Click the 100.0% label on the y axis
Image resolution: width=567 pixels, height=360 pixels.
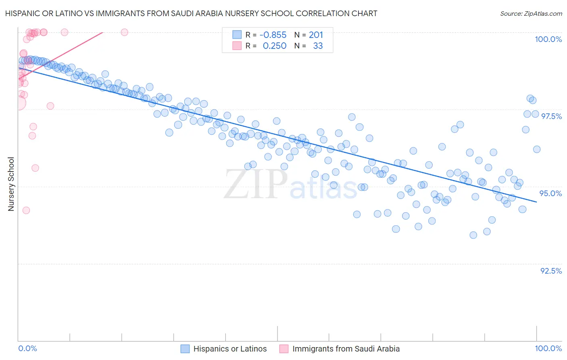548,39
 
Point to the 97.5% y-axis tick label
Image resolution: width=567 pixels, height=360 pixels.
551,116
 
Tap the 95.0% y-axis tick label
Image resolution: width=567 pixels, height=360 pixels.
550,193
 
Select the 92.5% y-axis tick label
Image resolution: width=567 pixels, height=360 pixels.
551,271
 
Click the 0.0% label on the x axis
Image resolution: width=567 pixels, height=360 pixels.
27,349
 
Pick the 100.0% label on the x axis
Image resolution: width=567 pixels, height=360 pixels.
548,349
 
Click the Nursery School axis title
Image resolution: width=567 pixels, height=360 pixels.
11,184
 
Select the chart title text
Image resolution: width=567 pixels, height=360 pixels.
191,13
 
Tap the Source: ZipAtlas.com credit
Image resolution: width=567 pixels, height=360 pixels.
531,13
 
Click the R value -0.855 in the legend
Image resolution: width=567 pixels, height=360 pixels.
273,35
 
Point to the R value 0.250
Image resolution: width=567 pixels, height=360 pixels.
275,46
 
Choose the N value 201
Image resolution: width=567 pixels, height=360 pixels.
316,35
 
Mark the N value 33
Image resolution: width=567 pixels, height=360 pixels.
318,46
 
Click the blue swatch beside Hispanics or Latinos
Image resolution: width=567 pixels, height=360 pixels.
185,349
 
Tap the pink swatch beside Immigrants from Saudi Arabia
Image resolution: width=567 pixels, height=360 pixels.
284,349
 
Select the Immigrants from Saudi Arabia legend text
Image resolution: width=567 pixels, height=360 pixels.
346,349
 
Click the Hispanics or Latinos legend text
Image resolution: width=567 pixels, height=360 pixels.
230,349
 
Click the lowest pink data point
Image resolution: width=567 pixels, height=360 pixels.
26,210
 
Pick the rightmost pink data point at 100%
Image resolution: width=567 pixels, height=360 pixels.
125,32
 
